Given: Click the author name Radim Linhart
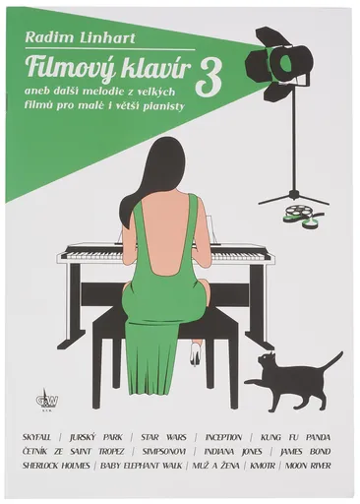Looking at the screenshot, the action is (x=80, y=37).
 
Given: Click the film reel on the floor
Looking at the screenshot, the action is (x=298, y=214).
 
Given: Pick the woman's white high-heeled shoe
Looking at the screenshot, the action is (x=195, y=352).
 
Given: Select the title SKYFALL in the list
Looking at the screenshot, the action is (x=36, y=437).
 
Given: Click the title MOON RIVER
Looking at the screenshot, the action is (x=308, y=466).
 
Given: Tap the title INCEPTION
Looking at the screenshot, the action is (x=223, y=437).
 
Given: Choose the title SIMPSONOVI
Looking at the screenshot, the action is (x=164, y=452).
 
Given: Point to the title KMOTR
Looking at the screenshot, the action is (x=263, y=466).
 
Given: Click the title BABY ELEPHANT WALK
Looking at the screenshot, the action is (x=141, y=466).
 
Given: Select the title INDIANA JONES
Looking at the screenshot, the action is (x=233, y=452).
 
